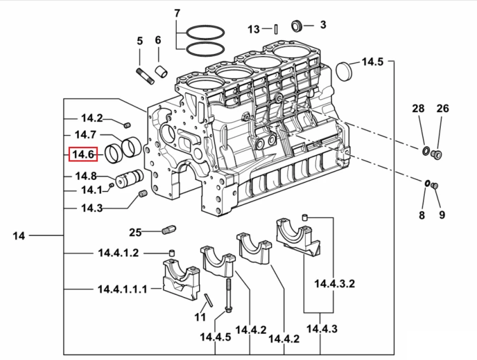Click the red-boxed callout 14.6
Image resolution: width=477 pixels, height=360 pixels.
click(83, 155)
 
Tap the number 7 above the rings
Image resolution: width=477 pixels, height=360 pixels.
click(177, 14)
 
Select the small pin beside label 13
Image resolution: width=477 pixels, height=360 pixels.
click(275, 29)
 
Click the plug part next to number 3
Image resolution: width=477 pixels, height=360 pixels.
click(296, 25)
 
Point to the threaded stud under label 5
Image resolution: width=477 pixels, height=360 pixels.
click(145, 76)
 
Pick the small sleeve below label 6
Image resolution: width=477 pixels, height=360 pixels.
click(162, 73)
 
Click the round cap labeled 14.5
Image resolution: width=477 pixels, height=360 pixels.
click(344, 72)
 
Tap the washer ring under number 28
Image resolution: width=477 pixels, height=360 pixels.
click(425, 150)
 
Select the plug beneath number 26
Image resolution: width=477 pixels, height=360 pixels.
click(437, 155)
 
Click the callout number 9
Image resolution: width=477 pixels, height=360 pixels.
click(442, 215)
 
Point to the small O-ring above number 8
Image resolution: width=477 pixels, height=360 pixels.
click(427, 184)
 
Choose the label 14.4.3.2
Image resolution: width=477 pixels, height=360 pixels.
click(335, 284)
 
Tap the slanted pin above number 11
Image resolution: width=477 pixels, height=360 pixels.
click(209, 300)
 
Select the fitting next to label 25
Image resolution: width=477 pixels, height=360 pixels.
click(169, 230)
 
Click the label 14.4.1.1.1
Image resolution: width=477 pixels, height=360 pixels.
click(122, 289)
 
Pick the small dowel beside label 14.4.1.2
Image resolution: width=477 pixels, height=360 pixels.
click(172, 253)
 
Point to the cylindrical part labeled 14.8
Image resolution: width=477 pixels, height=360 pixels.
click(129, 179)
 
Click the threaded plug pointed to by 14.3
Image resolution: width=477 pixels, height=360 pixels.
click(143, 194)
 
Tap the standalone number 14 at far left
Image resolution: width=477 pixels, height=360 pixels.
click(19, 235)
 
